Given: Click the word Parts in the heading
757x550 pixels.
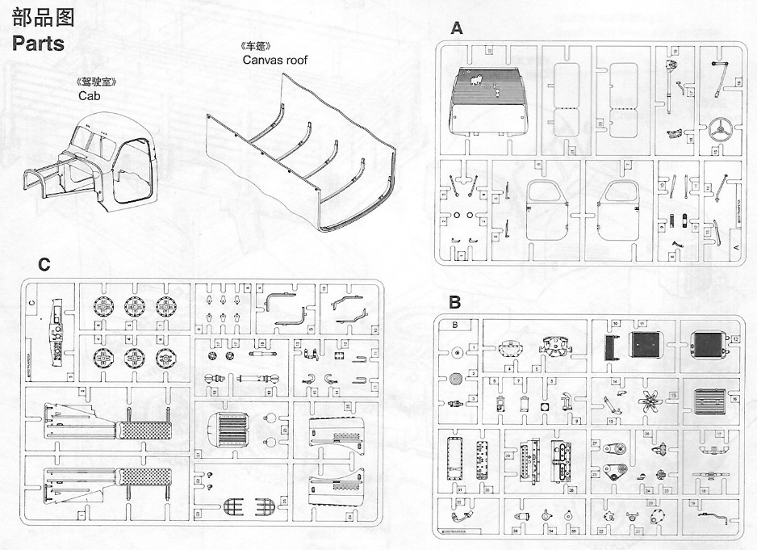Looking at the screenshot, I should tap(39, 44).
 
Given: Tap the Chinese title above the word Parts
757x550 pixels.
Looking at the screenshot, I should tap(38, 16).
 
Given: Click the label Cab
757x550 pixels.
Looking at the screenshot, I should tap(88, 95).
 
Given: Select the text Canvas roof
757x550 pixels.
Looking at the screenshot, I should tap(274, 60).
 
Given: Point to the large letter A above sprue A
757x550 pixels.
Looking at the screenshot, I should tap(457, 29).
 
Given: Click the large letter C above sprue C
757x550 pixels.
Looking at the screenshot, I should tap(44, 265).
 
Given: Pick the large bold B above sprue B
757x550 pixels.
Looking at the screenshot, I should tap(455, 303).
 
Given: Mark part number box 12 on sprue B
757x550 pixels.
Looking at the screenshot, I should tap(735, 338).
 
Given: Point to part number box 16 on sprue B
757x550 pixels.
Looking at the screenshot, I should tap(735, 398).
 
